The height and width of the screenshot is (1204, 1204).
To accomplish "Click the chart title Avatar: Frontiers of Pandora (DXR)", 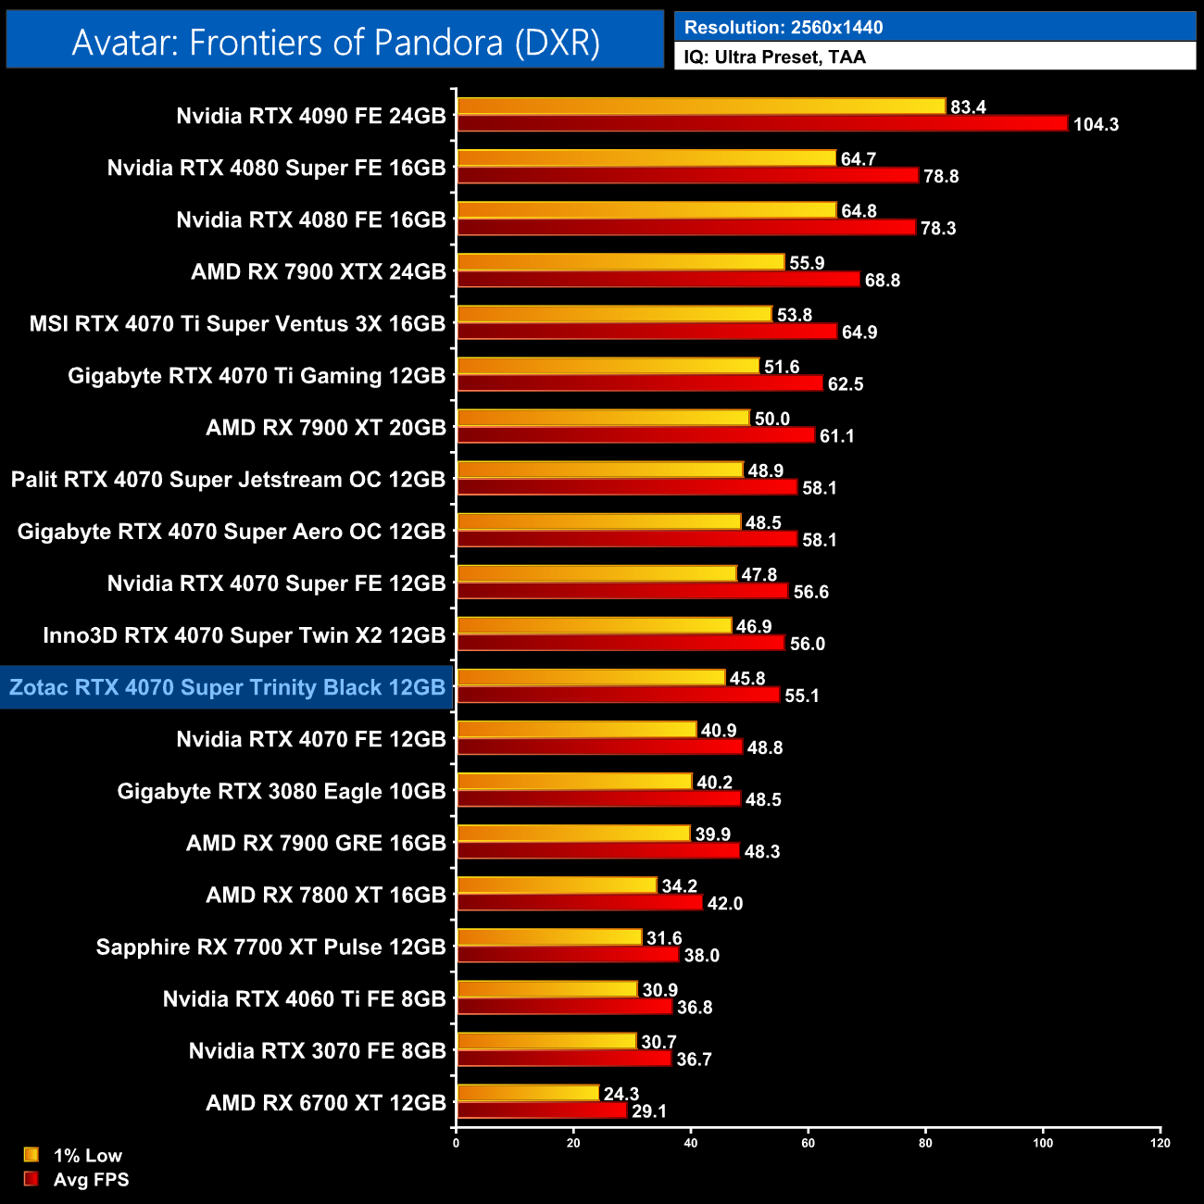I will click(x=335, y=42).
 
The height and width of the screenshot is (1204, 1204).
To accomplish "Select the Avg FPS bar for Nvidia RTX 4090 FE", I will click(x=761, y=123).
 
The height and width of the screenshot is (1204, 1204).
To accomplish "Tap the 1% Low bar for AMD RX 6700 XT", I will click(x=528, y=1094).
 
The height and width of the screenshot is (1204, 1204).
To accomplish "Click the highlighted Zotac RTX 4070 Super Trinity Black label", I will click(x=227, y=687).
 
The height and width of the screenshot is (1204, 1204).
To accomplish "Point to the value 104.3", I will click(x=1096, y=124).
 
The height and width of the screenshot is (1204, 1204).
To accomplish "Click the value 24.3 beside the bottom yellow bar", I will click(x=621, y=1094).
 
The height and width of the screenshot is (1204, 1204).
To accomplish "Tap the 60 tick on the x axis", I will click(x=808, y=1143).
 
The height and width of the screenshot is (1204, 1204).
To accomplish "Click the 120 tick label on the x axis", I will click(x=1160, y=1143).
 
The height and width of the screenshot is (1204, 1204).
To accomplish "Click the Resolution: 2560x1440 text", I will click(x=783, y=27).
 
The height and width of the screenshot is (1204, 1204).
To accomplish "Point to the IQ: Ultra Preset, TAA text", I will click(x=774, y=56).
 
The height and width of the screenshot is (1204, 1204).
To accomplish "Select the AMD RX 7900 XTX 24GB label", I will click(x=318, y=271).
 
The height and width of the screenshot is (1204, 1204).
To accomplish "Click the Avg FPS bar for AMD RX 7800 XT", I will click(x=579, y=903).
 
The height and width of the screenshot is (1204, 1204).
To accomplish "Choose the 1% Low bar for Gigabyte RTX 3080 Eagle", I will click(x=574, y=782).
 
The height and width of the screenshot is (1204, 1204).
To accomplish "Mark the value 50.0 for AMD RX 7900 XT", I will click(x=771, y=419).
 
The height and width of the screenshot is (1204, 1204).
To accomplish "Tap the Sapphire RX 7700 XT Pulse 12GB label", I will click(x=270, y=947).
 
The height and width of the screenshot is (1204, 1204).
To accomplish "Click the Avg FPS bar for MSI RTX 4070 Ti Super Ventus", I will click(x=646, y=332).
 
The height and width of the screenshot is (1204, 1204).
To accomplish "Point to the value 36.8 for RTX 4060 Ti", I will click(x=695, y=1007).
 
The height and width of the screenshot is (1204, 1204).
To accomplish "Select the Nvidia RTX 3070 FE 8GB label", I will click(x=317, y=1050).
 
